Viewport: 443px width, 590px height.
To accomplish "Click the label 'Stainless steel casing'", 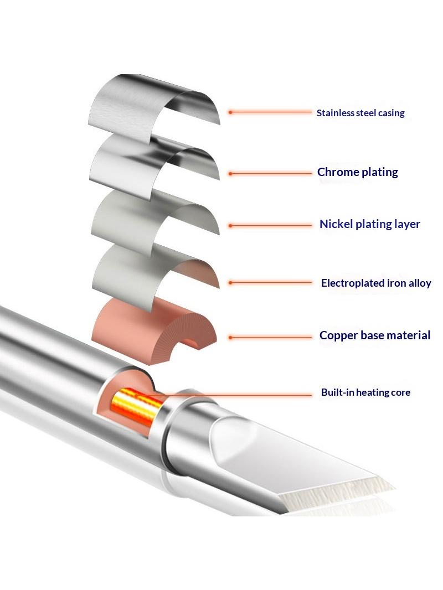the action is click(360, 113).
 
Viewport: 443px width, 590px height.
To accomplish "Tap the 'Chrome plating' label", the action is click(358, 172).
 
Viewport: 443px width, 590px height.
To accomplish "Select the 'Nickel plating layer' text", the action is click(369, 224).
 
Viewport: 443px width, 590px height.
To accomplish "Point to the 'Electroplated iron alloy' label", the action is click(376, 283).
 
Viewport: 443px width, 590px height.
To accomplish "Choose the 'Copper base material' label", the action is click(374, 335).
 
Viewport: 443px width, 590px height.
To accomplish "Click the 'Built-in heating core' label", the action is click(365, 392).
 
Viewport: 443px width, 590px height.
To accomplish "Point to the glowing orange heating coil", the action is click(136, 407).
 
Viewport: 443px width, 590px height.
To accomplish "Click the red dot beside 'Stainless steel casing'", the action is click(230, 112).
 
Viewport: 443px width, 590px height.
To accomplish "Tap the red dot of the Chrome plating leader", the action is click(230, 174).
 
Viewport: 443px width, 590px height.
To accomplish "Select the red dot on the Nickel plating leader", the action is click(230, 226).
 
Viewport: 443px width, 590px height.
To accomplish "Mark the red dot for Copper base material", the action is click(230, 338).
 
